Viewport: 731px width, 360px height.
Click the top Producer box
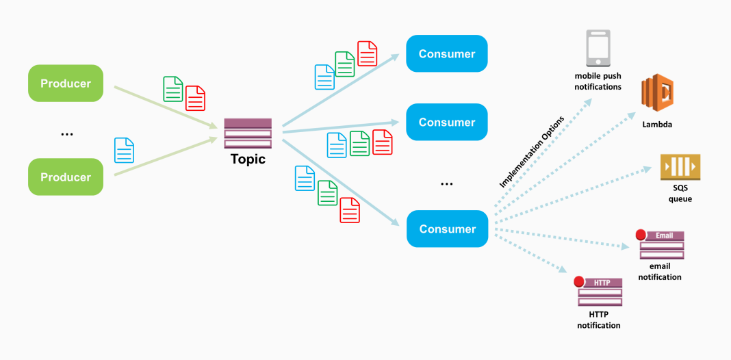[65, 83]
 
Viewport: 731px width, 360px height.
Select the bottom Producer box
[65, 177]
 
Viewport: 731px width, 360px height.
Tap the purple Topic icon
[248, 133]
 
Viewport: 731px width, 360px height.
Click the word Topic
[248, 159]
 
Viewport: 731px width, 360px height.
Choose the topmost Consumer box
[446, 53]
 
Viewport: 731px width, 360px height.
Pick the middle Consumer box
[446, 122]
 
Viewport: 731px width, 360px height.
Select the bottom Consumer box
[446, 229]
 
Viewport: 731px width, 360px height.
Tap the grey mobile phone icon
[598, 49]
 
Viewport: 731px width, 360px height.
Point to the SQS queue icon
[680, 168]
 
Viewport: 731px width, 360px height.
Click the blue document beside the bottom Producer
[125, 150]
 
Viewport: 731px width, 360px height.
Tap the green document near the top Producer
[173, 89]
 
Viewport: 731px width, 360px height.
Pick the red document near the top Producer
[196, 98]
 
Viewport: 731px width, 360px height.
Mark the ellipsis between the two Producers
[66, 134]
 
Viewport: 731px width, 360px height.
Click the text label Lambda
[656, 125]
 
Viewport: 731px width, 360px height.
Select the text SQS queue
[680, 194]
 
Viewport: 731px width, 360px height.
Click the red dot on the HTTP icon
[579, 281]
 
